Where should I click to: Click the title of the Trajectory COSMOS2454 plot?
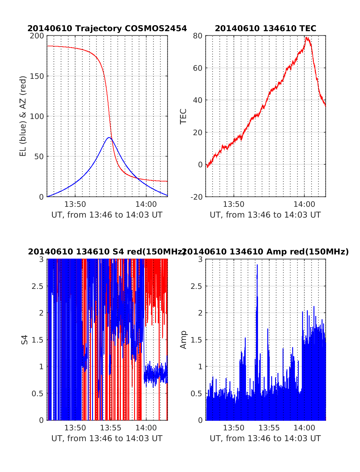[x=107, y=28]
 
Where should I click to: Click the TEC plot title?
[x=265, y=28]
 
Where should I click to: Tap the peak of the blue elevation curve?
[x=109, y=138]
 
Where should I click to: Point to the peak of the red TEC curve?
[x=307, y=38]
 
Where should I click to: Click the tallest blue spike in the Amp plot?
[x=257, y=265]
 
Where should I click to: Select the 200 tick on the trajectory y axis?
[x=37, y=36]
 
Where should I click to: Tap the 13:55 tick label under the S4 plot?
[x=110, y=428]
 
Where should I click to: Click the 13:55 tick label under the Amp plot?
[x=269, y=428]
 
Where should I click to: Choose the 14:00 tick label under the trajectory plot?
[x=146, y=204]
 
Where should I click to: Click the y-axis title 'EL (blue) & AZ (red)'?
[x=23, y=116]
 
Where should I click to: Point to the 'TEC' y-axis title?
[x=183, y=116]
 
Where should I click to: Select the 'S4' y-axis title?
[x=25, y=340]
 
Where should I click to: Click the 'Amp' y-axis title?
[x=183, y=340]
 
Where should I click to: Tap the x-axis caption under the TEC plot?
[x=265, y=215]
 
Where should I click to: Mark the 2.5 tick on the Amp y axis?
[x=196, y=286]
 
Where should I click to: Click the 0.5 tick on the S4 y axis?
[x=38, y=393]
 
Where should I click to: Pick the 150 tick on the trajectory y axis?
[x=37, y=76]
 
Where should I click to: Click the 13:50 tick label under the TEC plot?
[x=234, y=204]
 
